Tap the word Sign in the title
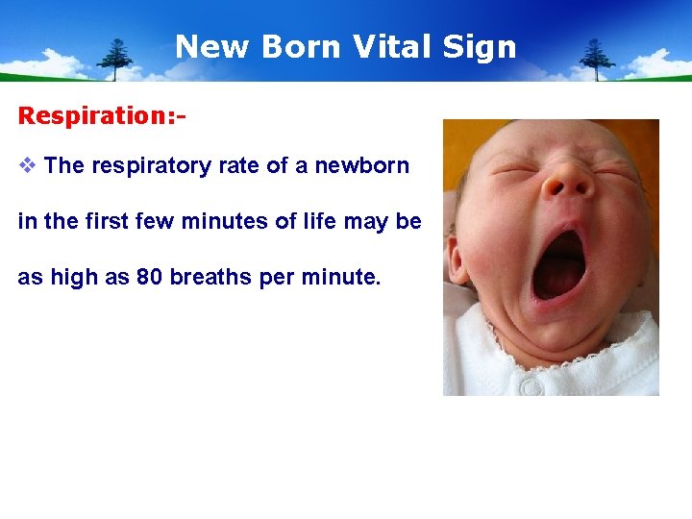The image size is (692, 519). (482, 46)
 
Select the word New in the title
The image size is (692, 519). (206, 46)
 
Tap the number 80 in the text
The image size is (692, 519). (149, 278)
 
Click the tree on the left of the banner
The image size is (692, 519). (118, 59)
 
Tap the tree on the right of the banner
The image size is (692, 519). (596, 59)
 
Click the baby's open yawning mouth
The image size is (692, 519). (559, 261)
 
